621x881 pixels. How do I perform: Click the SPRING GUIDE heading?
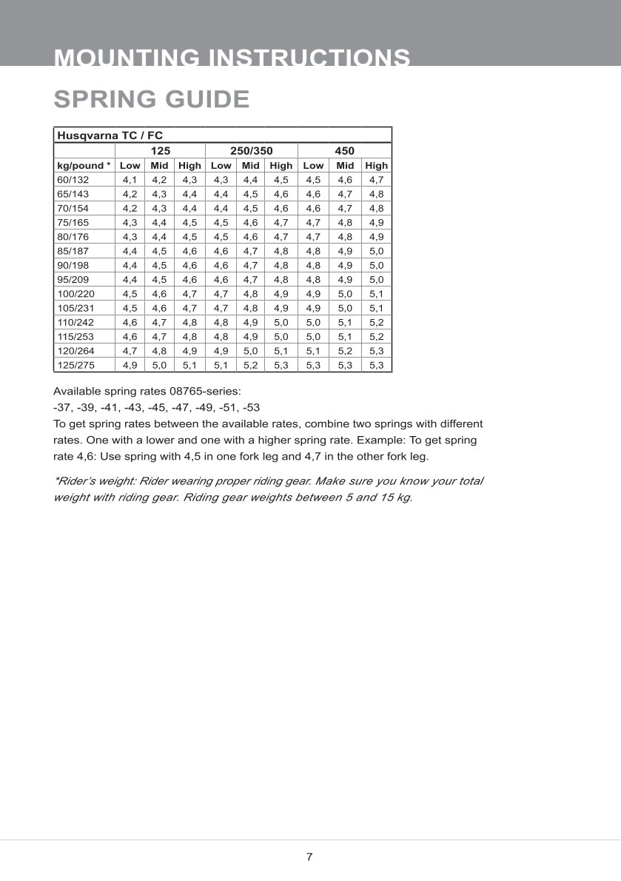152,99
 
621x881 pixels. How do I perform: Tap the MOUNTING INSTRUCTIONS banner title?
232,57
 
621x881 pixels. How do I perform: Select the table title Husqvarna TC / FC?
110,135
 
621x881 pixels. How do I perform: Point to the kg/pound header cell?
84,166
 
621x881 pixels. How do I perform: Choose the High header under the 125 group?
189,166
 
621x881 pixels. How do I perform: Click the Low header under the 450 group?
313,166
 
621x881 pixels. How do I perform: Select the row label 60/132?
73,180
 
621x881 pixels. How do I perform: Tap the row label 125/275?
75,365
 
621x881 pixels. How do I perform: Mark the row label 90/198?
73,265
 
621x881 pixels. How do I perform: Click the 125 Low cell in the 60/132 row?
130,180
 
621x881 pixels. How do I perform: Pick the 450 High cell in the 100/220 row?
376,294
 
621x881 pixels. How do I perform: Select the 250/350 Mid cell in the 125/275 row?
251,365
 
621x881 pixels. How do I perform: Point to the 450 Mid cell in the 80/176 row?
345,237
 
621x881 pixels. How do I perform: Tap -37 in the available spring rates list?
63,407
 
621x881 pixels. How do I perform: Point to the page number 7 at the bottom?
309,857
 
